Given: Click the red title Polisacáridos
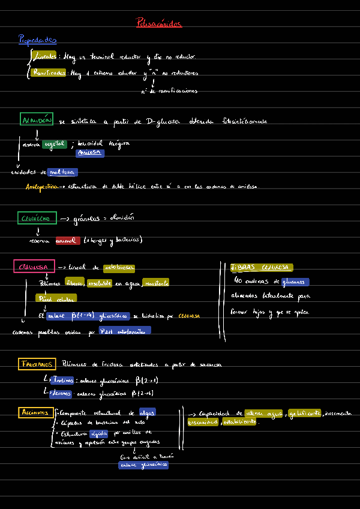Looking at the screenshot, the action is [159, 23].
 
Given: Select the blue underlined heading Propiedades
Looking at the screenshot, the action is [37, 40].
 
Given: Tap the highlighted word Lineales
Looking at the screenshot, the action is [46, 56].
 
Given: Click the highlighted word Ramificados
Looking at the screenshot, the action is [49, 73].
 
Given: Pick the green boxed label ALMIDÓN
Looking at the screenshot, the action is [37, 120].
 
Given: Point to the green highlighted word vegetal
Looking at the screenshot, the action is [55, 144].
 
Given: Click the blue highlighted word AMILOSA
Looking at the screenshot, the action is [90, 153].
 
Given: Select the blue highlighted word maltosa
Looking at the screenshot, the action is [63, 172].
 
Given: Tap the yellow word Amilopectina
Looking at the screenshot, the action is [42, 187].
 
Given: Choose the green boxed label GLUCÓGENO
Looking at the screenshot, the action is [38, 218].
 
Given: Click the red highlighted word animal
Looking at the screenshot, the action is [67, 240].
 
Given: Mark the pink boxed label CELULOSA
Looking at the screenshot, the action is [34, 267].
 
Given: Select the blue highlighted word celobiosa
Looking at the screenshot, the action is [119, 268].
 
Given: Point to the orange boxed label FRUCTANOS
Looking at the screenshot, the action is [37, 364].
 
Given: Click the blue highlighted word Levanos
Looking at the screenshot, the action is [61, 393].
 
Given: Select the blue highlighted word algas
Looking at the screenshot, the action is [147, 412].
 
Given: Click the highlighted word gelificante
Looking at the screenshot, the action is [304, 413].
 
